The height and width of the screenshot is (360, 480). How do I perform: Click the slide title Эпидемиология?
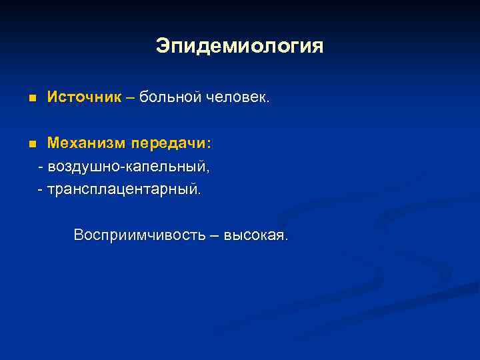[239, 46]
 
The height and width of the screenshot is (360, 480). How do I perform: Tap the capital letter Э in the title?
[163, 46]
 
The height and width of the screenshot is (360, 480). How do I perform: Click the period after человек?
[268, 102]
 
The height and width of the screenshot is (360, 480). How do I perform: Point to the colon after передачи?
[209, 145]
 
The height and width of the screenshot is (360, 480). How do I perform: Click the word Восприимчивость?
[136, 235]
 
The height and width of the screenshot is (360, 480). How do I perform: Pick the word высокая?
[255, 235]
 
